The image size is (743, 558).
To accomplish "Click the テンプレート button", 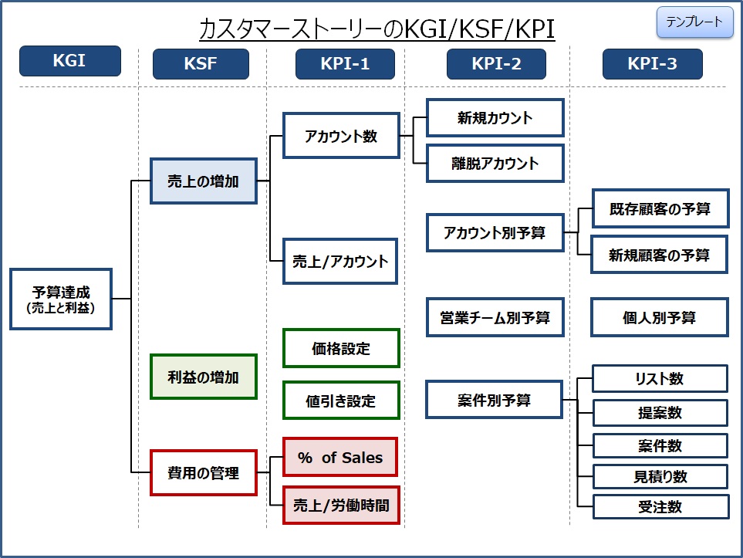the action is coord(694,22).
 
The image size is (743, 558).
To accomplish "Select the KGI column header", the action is coord(70,61).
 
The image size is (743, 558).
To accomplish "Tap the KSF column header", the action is coord(201,63).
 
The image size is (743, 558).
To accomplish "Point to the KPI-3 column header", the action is coord(652,63).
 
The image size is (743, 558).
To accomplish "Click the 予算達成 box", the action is coord(61,299).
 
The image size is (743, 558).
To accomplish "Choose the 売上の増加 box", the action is coord(203,181).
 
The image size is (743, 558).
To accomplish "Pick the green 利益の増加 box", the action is coord(203,377).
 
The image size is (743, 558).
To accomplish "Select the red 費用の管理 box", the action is coord(203,472).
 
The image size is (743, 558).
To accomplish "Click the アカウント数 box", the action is coord(341,136).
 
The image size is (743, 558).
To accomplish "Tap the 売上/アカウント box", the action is coord(340,261).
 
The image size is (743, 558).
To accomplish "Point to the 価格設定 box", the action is coord(341,348).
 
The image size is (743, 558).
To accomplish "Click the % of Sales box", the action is coord(340,458).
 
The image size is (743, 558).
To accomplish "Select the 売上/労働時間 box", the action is coord(341,506).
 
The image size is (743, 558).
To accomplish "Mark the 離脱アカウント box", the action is coord(495,164).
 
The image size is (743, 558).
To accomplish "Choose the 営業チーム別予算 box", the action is coord(495,317).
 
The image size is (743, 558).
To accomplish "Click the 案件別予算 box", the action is coord(495,400).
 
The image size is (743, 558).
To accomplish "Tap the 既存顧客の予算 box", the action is coord(660,208).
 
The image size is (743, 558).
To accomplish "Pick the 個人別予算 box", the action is coord(659,317).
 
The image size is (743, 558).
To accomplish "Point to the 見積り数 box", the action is coord(660,476).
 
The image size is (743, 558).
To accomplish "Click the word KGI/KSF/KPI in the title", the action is coord(478,29).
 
